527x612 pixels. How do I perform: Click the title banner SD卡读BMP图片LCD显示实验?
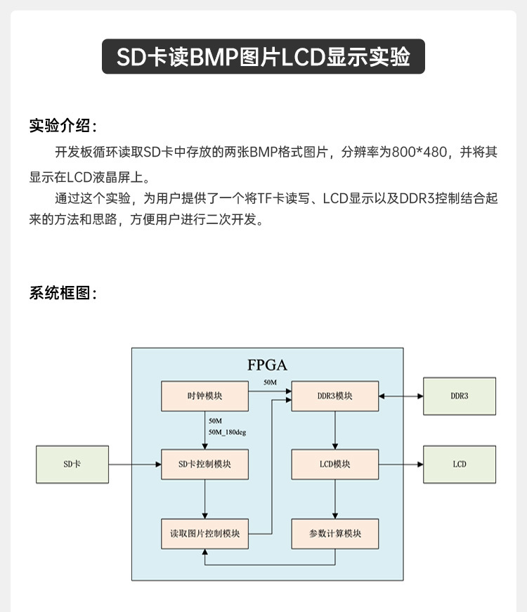263,56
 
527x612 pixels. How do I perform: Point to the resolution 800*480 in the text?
419,152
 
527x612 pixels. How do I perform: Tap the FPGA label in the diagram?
268,365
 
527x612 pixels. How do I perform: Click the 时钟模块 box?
204,396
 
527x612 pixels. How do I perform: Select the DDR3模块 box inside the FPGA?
335,396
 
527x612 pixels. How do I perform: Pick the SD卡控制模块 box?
204,464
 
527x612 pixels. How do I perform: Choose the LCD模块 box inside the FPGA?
335,464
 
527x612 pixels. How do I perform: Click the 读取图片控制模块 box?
204,533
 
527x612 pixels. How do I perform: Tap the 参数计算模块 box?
335,533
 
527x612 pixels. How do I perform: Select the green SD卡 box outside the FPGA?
72,464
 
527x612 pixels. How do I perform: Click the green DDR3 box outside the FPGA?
460,396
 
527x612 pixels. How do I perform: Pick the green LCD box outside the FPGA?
460,464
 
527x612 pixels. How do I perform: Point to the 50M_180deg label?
227,432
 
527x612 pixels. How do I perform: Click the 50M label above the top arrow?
270,382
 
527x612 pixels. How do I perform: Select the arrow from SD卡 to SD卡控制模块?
135,464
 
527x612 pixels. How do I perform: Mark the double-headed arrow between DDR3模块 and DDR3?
401,396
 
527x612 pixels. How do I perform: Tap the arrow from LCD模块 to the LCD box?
401,464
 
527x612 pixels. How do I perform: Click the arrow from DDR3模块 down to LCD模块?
335,430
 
